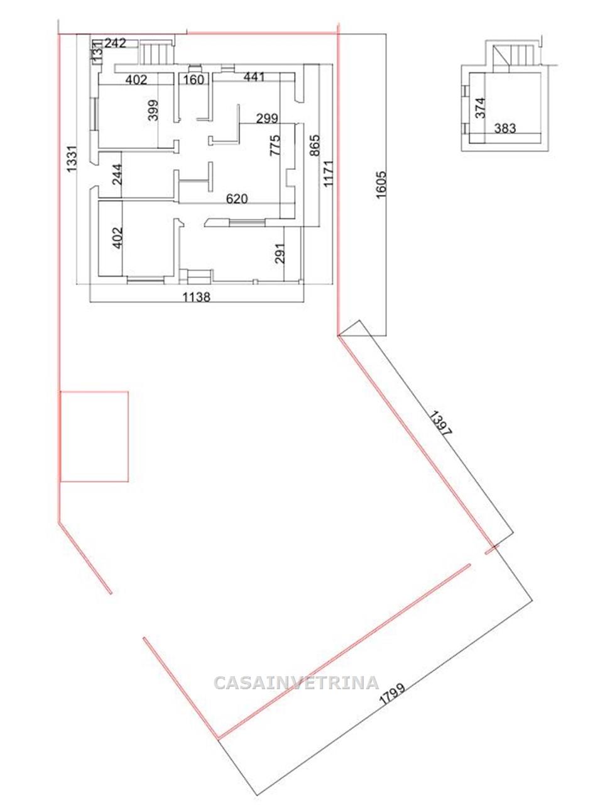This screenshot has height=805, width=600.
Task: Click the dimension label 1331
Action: click(72, 159)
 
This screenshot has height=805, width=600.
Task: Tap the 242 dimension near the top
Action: click(115, 43)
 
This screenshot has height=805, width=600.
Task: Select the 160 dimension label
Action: click(194, 79)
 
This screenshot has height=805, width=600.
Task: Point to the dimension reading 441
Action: click(254, 77)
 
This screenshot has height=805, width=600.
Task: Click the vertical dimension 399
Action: click(153, 111)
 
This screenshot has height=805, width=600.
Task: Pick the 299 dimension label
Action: click(267, 118)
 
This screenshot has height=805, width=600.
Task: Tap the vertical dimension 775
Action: click(275, 146)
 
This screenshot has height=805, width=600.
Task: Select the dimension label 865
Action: click(315, 146)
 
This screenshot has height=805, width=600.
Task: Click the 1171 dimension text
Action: click(328, 173)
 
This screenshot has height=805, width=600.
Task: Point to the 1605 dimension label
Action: click(381, 184)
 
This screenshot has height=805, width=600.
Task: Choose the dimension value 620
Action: click(237, 199)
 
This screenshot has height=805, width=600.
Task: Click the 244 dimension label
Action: click(117, 175)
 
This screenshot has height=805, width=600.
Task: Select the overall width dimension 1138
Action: click(197, 297)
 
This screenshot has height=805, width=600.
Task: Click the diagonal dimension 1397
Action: click(441, 424)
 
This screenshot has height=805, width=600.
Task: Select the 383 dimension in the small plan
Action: click(505, 128)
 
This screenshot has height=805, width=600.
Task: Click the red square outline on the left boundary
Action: click(94, 392)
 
